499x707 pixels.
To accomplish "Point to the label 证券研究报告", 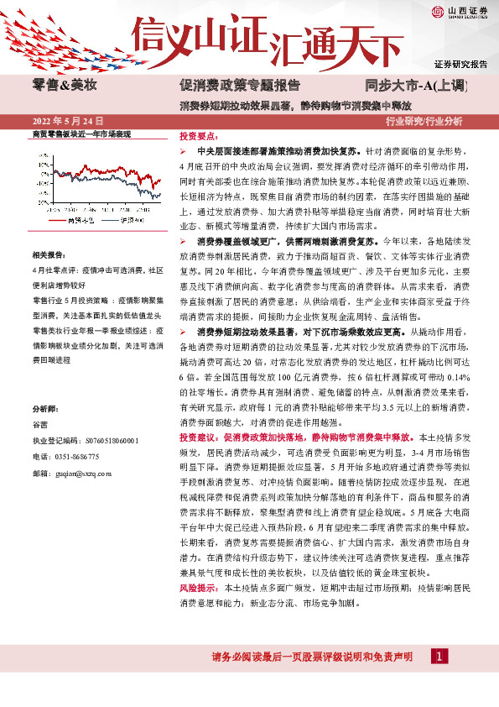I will tap(460, 64).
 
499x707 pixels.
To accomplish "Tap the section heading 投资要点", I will tap(200, 135).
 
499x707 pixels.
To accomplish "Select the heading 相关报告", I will tap(49, 254).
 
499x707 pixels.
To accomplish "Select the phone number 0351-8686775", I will tap(75, 456).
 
